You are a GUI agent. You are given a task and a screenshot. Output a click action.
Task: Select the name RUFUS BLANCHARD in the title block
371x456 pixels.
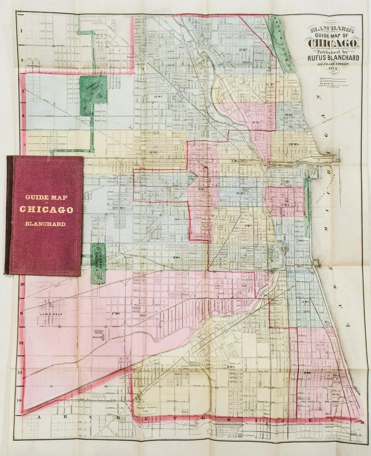pos(333,58)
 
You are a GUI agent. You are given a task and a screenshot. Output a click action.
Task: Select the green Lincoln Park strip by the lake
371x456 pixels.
pos(282,44)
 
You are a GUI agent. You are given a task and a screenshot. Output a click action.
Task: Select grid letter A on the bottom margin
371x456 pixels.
pos(39,417)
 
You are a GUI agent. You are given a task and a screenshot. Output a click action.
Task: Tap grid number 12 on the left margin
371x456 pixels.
pos(21,343)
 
